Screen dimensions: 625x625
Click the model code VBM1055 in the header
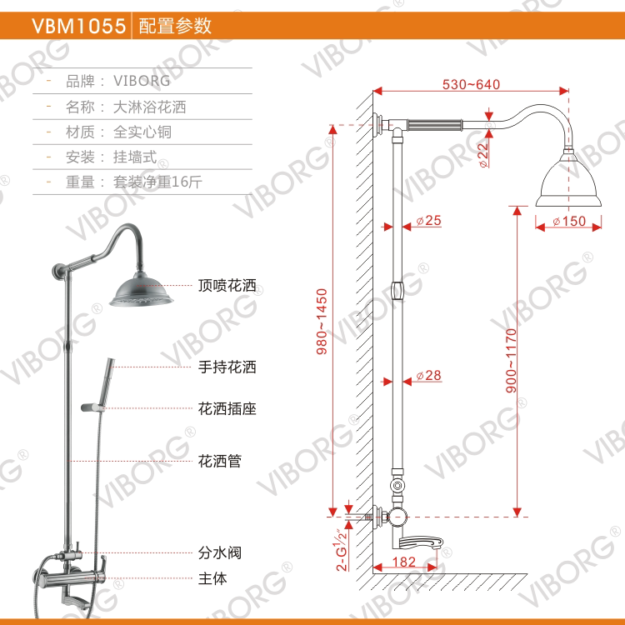79,25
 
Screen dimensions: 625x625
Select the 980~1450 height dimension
322,322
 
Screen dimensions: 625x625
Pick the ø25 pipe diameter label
427,221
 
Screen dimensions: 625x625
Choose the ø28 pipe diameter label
427,376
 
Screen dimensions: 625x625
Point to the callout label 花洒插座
227,408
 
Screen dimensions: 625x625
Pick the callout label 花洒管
219,460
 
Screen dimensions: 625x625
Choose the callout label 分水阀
219,552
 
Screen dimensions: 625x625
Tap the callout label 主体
212,577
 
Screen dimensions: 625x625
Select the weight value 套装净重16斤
159,181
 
